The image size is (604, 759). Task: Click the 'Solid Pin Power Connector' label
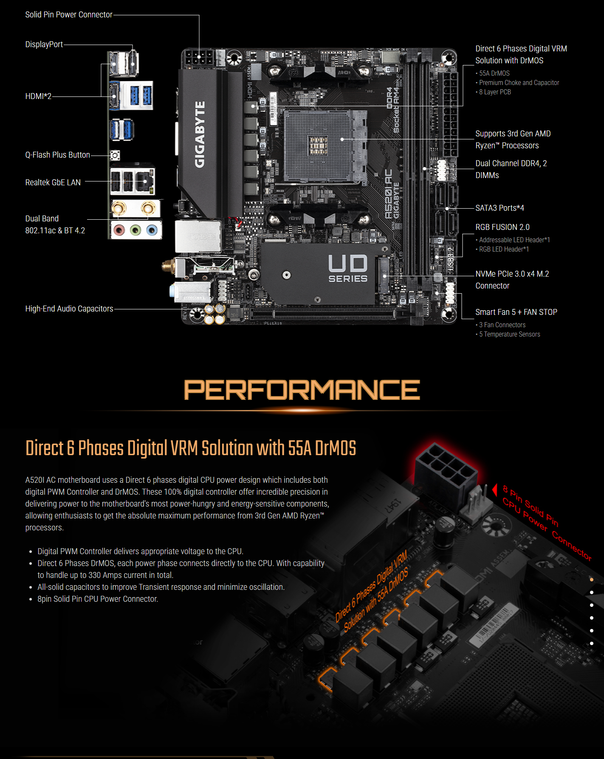[69, 15]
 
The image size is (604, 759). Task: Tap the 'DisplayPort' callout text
[44, 45]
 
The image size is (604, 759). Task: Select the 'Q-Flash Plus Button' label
[57, 155]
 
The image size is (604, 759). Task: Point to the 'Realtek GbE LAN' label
[53, 183]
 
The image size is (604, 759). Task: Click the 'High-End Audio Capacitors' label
[69, 309]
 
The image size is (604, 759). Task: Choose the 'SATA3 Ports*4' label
[500, 208]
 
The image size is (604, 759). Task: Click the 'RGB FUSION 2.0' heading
[502, 227]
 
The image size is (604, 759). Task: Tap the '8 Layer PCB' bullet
[495, 92]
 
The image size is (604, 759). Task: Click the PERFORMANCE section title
[302, 390]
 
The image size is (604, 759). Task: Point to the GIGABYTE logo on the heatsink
[200, 134]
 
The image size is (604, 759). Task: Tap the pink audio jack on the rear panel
[119, 230]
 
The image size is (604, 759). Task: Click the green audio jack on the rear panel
[135, 230]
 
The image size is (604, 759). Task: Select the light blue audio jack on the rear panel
[151, 230]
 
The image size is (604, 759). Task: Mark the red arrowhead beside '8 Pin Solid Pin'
[495, 490]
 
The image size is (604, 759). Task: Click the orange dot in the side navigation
[592, 580]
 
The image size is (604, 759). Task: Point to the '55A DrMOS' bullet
[494, 74]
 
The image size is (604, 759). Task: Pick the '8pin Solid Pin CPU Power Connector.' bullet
[98, 599]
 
